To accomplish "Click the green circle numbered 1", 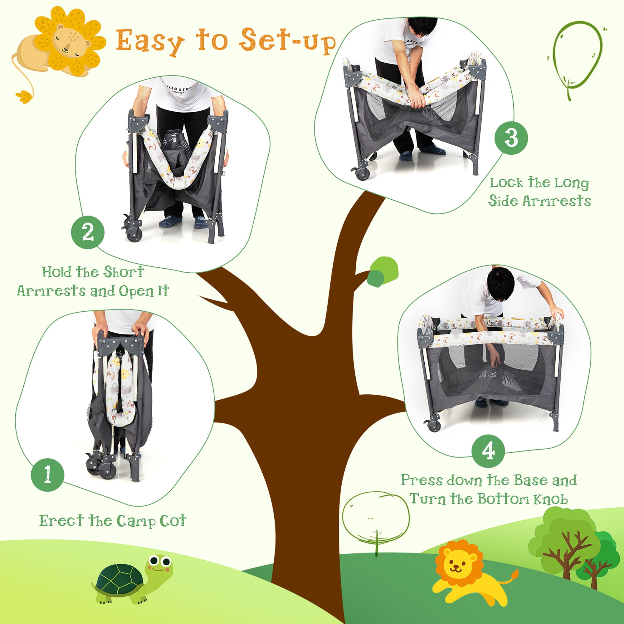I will tap(47, 475).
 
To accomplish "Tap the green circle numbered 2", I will tap(88, 232).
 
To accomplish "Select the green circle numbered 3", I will tap(511, 138).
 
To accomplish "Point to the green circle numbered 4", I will tap(488, 451).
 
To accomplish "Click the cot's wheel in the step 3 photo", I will tap(363, 173).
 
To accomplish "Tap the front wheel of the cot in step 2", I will tap(134, 234).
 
